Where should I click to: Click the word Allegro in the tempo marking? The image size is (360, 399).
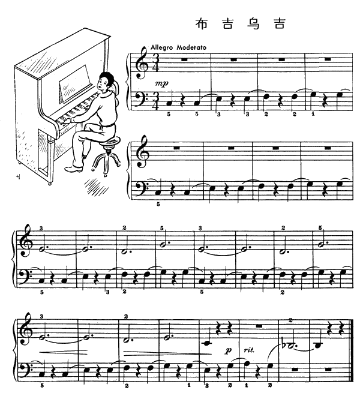pyautogui.click(x=162, y=47)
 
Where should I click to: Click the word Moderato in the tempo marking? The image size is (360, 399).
pyautogui.click(x=191, y=47)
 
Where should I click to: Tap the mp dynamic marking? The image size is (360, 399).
pyautogui.click(x=162, y=83)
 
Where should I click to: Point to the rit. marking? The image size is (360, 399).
pyautogui.click(x=249, y=350)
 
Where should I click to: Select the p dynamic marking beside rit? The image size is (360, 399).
pyautogui.click(x=229, y=350)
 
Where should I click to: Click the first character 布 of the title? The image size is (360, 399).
pyautogui.click(x=202, y=23)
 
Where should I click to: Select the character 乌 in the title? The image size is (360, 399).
pyautogui.click(x=253, y=23)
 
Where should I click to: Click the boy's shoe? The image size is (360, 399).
pyautogui.click(x=73, y=169)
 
